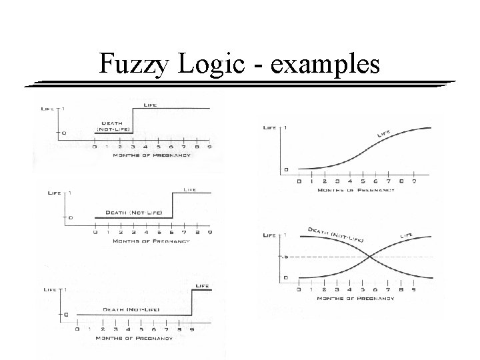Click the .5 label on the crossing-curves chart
pos(285,257)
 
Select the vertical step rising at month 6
pos(173,205)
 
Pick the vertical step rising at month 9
pos(193,302)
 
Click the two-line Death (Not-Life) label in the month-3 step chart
pos(113,125)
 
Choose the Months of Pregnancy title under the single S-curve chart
pos(357,191)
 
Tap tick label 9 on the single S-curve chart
pos(415,181)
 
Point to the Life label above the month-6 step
pos(190,189)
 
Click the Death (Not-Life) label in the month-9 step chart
pos(130,308)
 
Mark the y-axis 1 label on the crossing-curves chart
pos(285,235)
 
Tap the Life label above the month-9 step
pos(201,285)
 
